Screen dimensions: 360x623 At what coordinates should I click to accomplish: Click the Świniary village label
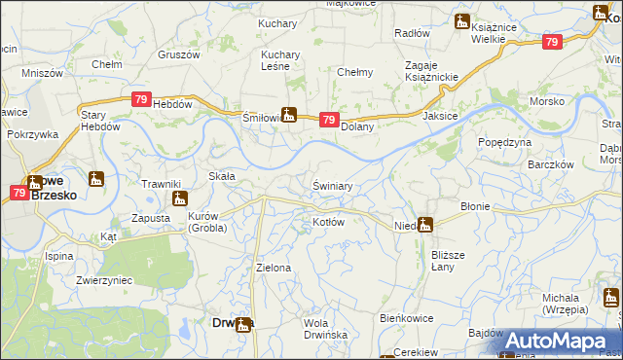click(332, 185)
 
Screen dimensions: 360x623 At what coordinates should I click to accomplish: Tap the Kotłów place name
click(329, 222)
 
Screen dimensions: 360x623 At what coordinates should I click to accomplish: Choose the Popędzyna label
click(504, 142)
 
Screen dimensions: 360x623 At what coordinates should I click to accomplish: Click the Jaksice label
click(441, 115)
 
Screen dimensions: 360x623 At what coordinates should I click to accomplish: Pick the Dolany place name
click(357, 126)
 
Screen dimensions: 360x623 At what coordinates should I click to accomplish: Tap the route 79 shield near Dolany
click(330, 121)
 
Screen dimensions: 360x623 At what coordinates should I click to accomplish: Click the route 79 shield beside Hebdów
click(142, 99)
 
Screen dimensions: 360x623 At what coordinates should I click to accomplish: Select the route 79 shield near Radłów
click(552, 42)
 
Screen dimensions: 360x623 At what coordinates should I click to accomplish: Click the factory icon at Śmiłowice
click(287, 114)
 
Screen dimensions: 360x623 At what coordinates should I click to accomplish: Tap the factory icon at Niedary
click(424, 224)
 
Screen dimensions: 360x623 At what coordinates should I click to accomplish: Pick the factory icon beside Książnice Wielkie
click(463, 23)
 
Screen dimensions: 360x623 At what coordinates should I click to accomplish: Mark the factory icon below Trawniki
click(178, 198)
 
